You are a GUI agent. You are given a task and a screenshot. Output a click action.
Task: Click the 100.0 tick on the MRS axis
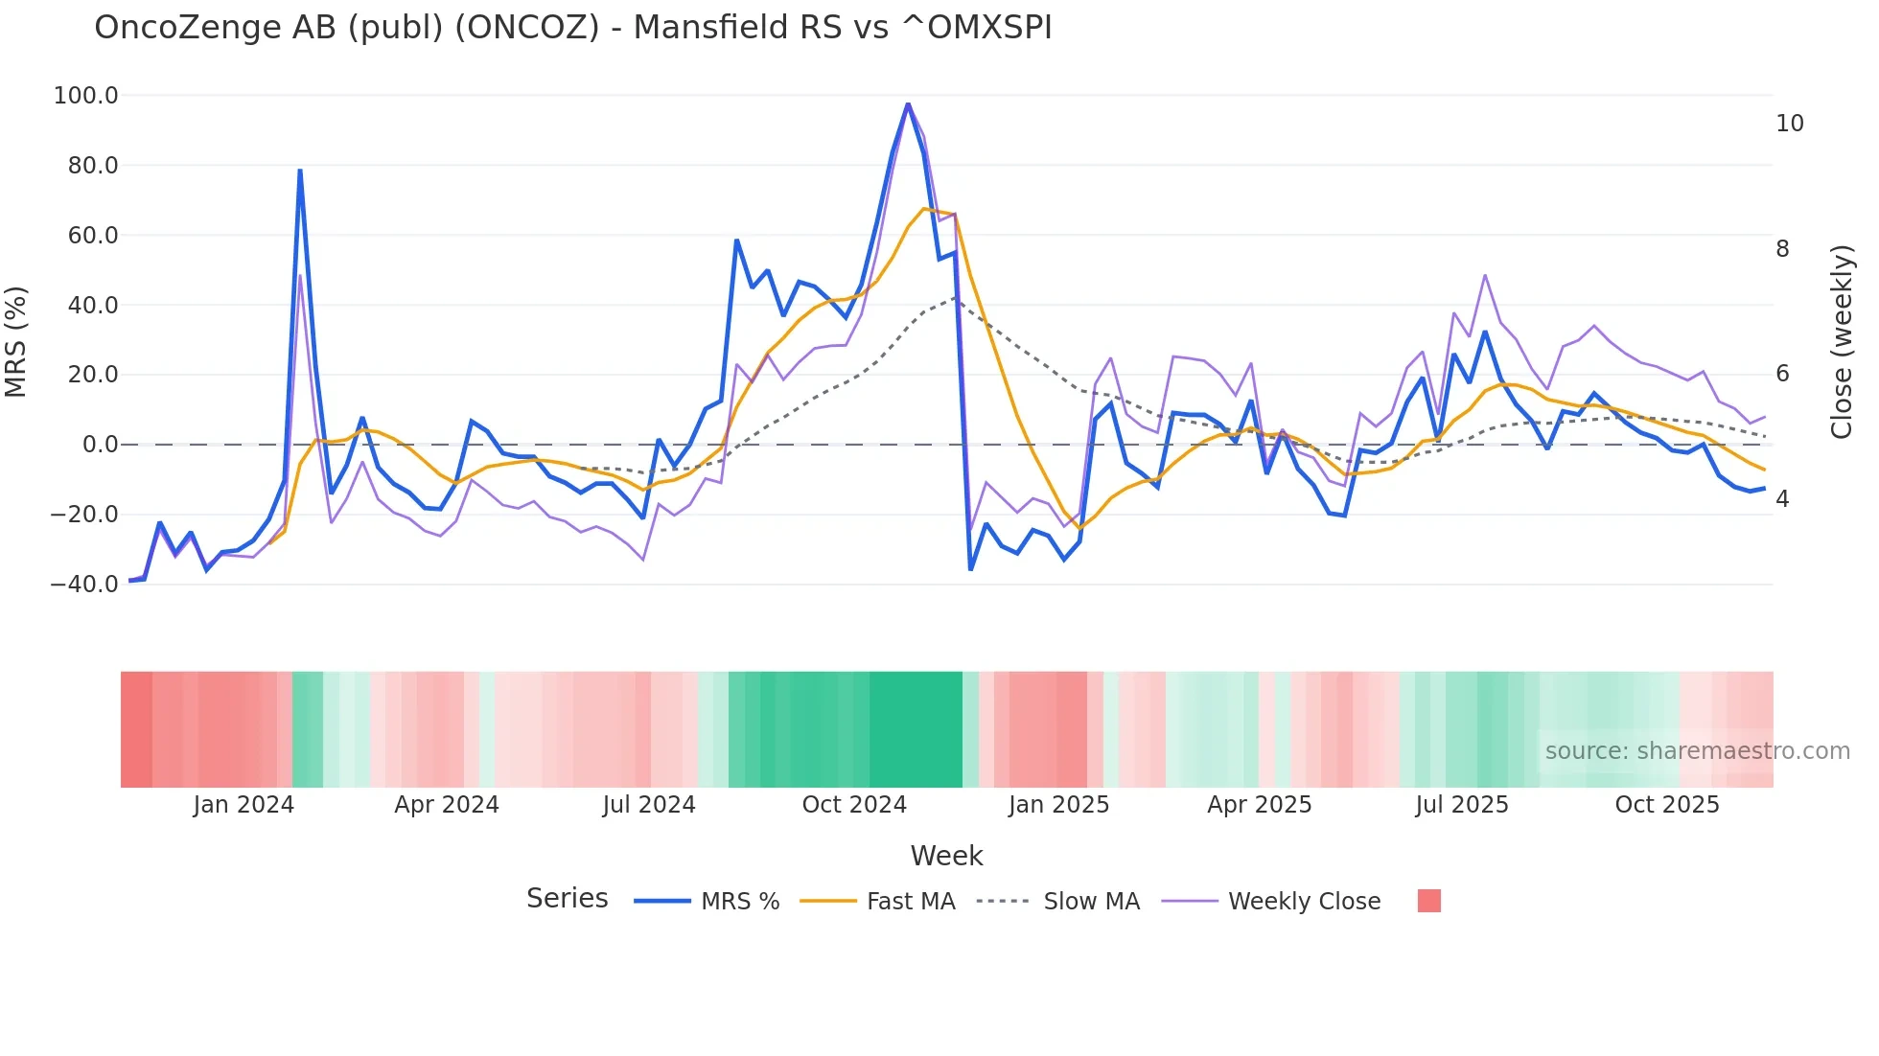click(x=85, y=96)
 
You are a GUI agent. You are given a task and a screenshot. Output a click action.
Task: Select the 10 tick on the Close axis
click(x=1789, y=124)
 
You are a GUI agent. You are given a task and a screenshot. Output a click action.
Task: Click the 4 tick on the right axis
click(x=1782, y=499)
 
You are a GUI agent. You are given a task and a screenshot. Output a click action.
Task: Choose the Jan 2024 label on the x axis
click(x=244, y=805)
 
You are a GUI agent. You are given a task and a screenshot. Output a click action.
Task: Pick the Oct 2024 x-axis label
click(x=853, y=805)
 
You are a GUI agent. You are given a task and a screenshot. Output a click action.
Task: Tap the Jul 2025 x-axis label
click(x=1461, y=805)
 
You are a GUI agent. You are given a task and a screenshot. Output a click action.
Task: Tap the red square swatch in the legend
click(x=1428, y=901)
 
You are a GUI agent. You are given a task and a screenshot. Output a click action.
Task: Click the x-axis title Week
click(x=946, y=856)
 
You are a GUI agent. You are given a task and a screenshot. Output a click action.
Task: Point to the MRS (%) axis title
click(x=16, y=341)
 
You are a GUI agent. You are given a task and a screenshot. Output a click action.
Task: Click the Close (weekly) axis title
click(x=1841, y=342)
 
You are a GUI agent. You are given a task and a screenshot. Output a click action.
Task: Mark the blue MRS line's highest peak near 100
click(x=908, y=103)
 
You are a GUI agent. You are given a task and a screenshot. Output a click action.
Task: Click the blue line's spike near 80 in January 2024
click(x=300, y=172)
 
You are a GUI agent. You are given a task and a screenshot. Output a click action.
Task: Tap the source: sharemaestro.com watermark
click(x=1697, y=751)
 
